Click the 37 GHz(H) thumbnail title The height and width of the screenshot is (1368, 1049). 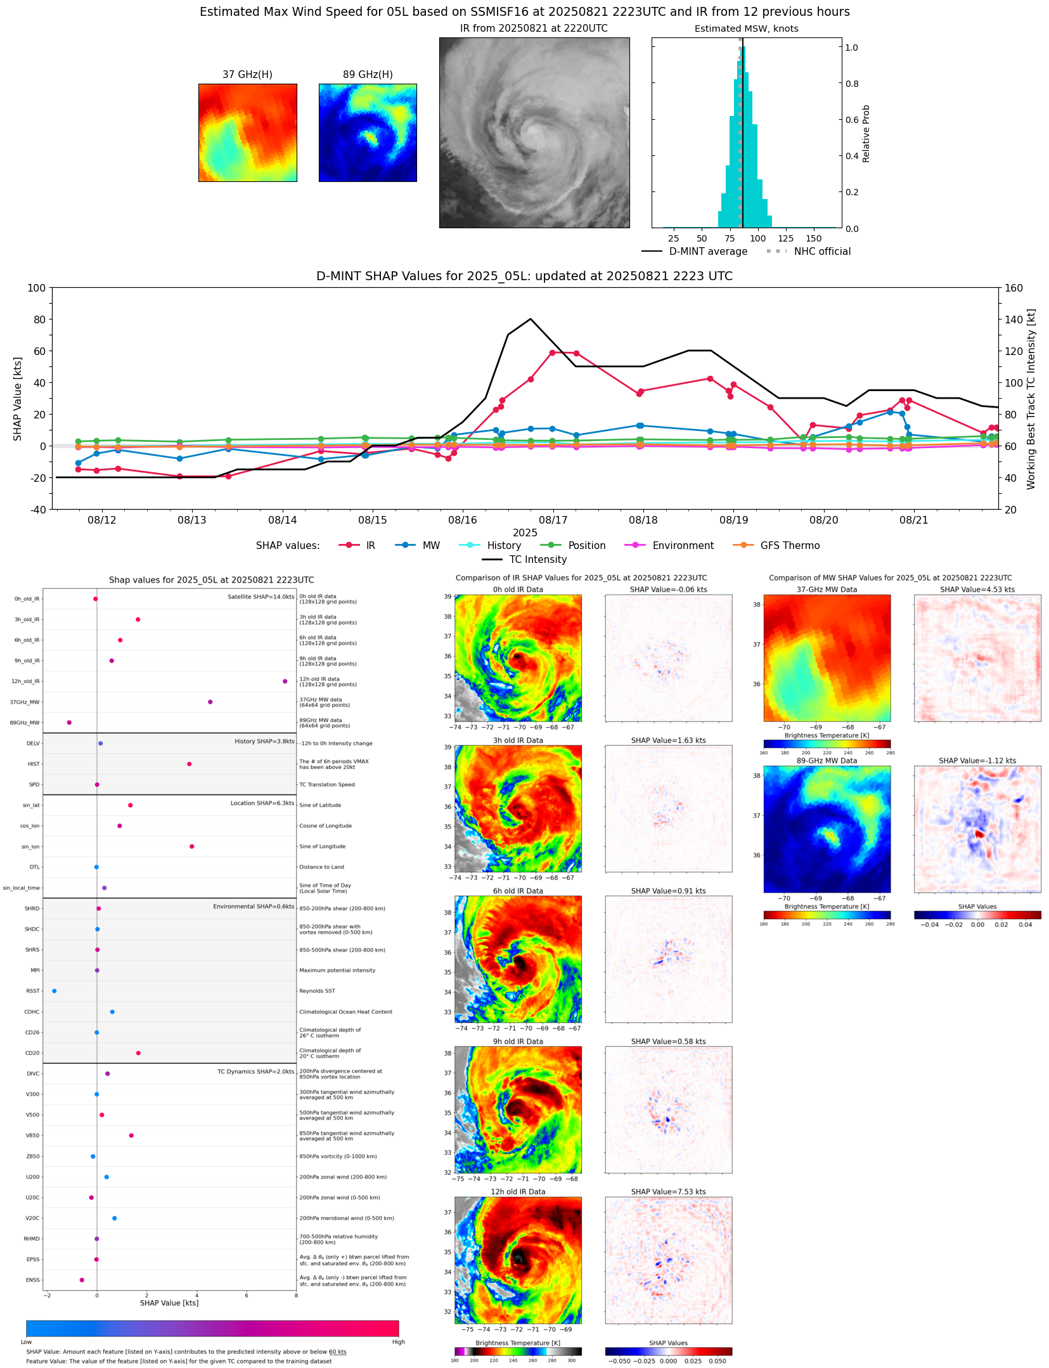[247, 75]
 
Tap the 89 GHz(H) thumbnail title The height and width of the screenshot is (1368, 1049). [368, 75]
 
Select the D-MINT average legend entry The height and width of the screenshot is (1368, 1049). [695, 252]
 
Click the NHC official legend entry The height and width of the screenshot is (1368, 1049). [808, 252]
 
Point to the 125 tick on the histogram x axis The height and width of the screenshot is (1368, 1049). [785, 239]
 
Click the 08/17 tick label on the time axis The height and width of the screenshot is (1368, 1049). [553, 520]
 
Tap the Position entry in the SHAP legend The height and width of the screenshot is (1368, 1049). [573, 546]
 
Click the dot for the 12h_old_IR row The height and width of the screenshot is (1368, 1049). [285, 681]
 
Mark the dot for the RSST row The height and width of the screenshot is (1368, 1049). [54, 991]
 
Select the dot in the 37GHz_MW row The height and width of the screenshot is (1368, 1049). [210, 702]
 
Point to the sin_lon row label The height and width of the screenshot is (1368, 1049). [30, 847]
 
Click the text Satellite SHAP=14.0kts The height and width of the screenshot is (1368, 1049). [261, 597]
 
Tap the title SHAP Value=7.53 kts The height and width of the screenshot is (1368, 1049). [668, 1192]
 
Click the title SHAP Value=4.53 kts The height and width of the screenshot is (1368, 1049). [977, 590]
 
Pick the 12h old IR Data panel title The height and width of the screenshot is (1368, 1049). [518, 1192]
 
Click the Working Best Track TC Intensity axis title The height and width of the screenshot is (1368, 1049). [1031, 399]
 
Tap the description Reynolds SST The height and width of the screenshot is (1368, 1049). [317, 991]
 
